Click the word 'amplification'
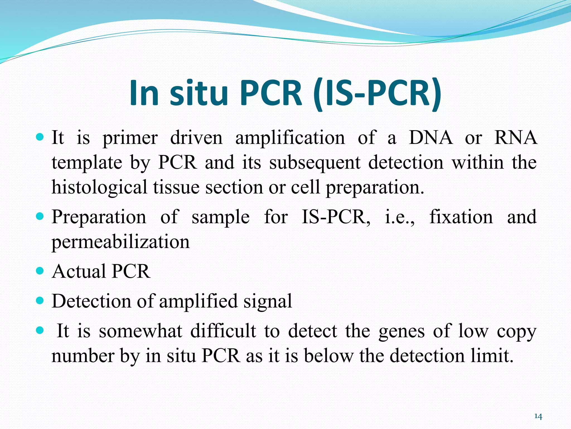290,138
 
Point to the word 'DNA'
430,138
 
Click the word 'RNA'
515,138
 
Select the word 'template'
87,163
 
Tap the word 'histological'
99,187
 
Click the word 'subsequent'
315,163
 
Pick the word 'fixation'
461,217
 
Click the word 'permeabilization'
120,242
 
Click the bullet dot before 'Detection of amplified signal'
40,301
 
